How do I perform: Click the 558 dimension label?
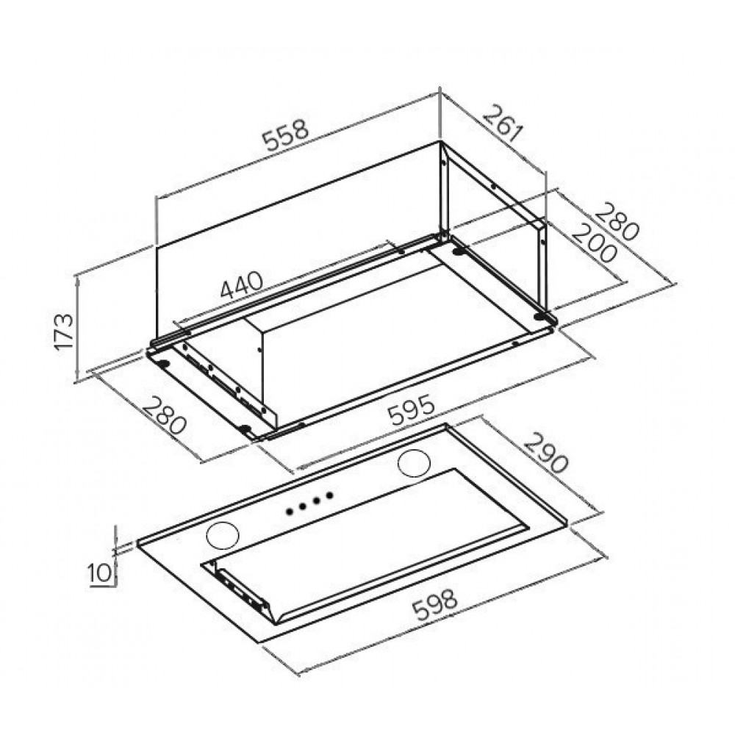285,135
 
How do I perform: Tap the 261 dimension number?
502,123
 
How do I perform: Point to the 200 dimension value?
593,243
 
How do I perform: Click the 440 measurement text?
242,284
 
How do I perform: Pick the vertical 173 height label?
64,332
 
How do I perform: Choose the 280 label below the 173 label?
165,415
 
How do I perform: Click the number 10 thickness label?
99,573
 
